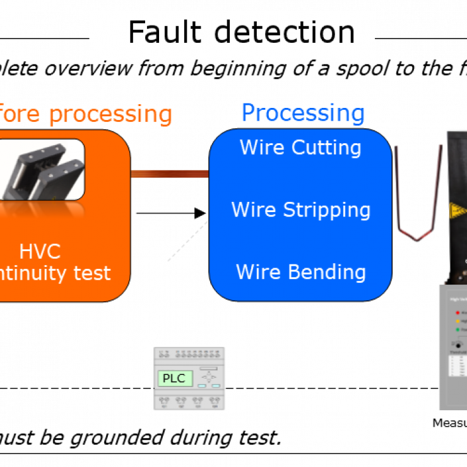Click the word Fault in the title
coord(165,33)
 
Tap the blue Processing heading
coord(303,114)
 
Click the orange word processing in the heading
coord(110,115)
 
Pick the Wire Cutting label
coord(300,148)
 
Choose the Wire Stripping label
coord(300,210)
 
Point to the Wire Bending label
coord(300,272)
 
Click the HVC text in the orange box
coord(40,251)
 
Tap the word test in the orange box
coord(92,273)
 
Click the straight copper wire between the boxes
coord(169,174)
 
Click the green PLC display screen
coord(174,379)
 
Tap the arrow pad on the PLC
coord(208,377)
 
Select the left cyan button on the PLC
coord(202,386)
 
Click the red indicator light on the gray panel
coord(457,313)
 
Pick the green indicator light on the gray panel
coord(457,329)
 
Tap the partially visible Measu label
coord(449,423)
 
